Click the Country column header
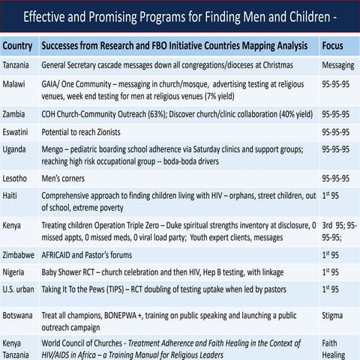(x=17, y=46)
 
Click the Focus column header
(x=332, y=46)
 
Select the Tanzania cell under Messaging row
(x=17, y=65)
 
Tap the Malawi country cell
(x=15, y=85)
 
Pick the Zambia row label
(x=15, y=115)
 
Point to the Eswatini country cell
(x=17, y=132)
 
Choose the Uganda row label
(x=16, y=149)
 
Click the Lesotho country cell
(x=16, y=179)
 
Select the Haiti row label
(x=12, y=195)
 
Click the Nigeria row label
(x=16, y=272)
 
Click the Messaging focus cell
(x=337, y=65)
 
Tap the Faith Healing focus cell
(x=334, y=348)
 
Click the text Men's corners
(x=63, y=179)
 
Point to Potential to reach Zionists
(x=85, y=132)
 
